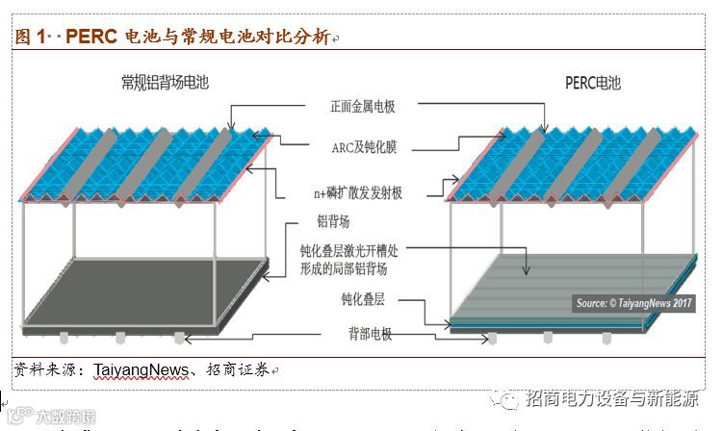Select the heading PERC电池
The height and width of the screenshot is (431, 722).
pos(595,83)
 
